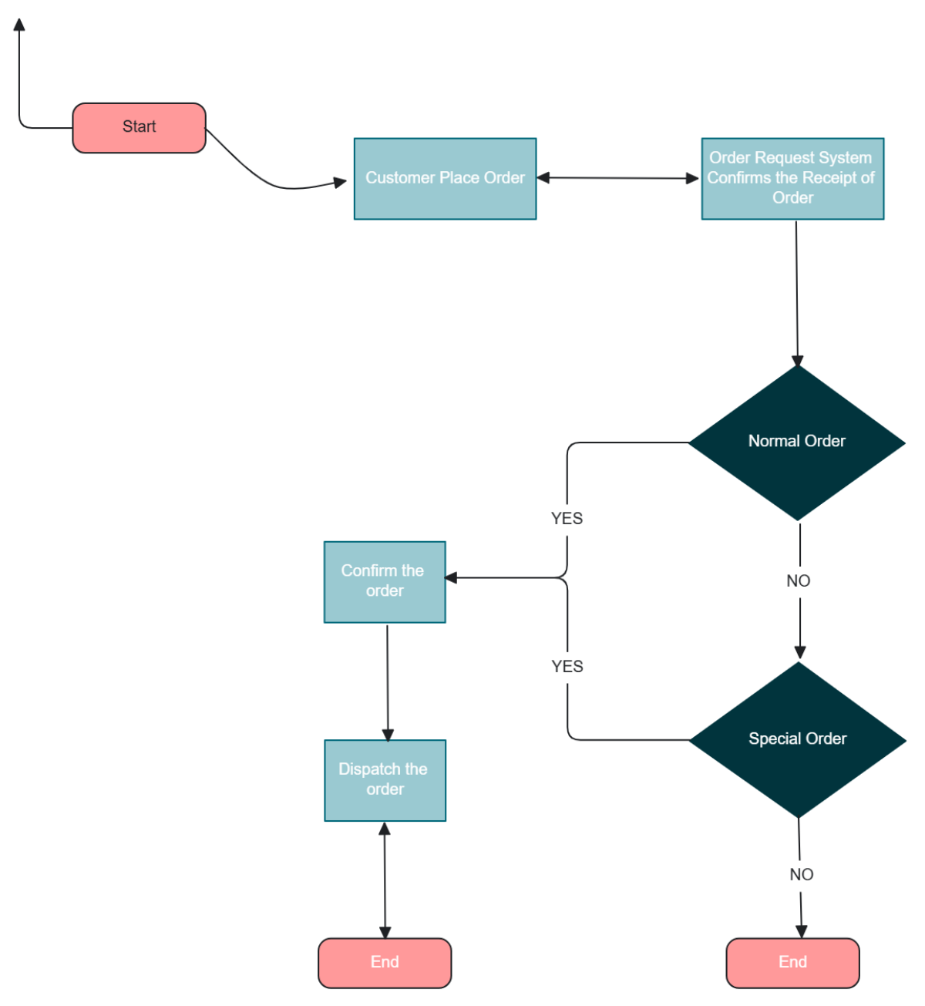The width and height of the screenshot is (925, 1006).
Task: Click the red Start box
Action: click(139, 127)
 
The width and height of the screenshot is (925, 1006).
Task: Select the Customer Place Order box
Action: click(445, 178)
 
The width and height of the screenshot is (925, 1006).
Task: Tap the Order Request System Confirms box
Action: click(792, 178)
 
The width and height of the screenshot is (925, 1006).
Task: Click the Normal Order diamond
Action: click(797, 442)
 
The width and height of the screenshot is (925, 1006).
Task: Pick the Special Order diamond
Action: click(798, 739)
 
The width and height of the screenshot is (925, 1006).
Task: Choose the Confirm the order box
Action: click(385, 581)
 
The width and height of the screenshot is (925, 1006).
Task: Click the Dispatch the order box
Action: click(385, 779)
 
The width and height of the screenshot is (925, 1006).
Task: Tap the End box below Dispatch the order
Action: click(385, 962)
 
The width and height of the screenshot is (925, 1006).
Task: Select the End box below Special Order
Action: click(792, 962)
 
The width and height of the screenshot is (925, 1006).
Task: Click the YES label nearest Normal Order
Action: click(567, 519)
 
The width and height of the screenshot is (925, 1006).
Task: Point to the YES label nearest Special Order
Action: click(567, 667)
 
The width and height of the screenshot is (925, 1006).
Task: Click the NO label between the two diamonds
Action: click(799, 581)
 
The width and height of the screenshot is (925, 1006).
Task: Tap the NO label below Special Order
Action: click(801, 875)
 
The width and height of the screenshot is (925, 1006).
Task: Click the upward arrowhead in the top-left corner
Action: click(19, 25)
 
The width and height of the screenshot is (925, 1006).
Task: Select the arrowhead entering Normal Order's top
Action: click(797, 361)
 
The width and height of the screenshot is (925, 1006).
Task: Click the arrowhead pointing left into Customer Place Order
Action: click(543, 178)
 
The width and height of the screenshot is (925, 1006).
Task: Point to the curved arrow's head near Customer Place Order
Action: click(340, 183)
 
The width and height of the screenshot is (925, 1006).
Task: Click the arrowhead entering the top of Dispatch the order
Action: click(388, 735)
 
